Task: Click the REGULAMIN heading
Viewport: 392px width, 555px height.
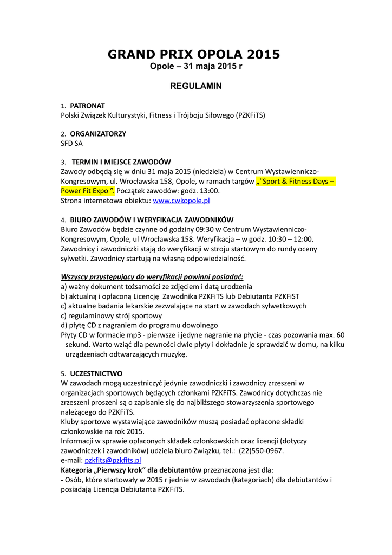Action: pos(195,86)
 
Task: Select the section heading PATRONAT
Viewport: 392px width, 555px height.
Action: pos(87,106)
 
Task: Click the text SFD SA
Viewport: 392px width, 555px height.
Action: pos(72,144)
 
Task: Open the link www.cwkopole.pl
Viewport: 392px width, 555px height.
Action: pos(181,201)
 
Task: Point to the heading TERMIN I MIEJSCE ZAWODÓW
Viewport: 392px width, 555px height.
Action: pos(121,162)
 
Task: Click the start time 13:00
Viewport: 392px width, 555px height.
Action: pos(208,191)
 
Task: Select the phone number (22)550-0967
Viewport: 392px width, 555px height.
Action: pos(262,450)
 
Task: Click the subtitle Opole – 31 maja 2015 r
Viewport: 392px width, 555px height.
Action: pos(195,67)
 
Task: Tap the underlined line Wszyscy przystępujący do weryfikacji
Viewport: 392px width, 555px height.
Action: pos(152,277)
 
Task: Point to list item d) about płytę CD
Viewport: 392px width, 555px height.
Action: pos(139,325)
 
